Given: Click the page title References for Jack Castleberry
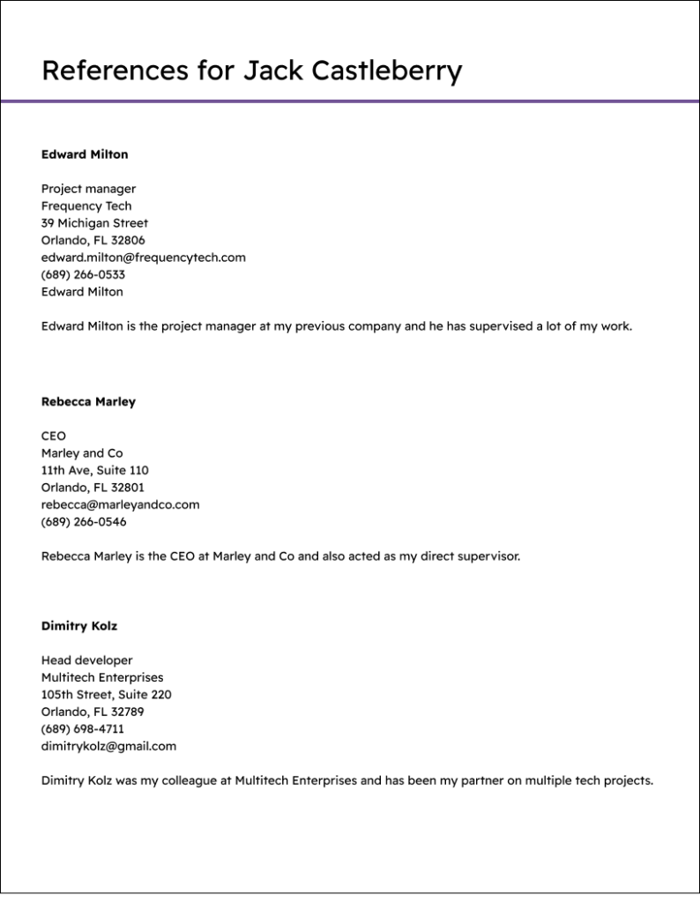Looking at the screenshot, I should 251,71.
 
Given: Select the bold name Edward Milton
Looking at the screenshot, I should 85,154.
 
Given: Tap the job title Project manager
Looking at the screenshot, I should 88,189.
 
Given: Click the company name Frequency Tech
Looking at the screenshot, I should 86,206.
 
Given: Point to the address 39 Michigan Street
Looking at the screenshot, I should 94,223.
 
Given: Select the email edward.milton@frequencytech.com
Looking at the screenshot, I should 143,257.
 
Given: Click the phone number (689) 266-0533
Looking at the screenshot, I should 83,275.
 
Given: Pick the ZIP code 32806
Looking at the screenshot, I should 129,241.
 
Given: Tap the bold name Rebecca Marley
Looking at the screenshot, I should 88,402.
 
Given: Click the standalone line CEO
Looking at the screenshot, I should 54,437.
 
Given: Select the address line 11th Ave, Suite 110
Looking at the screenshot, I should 94,471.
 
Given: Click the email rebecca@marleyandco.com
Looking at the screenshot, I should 120,505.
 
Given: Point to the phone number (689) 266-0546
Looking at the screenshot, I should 84,522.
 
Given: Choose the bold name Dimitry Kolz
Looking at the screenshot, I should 79,626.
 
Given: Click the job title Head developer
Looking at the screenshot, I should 86,660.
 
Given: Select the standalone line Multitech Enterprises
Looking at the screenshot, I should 102,678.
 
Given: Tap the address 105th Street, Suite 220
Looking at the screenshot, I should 106,695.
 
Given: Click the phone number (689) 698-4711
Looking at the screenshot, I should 83,729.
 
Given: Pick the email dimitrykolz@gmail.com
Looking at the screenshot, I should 108,746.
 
